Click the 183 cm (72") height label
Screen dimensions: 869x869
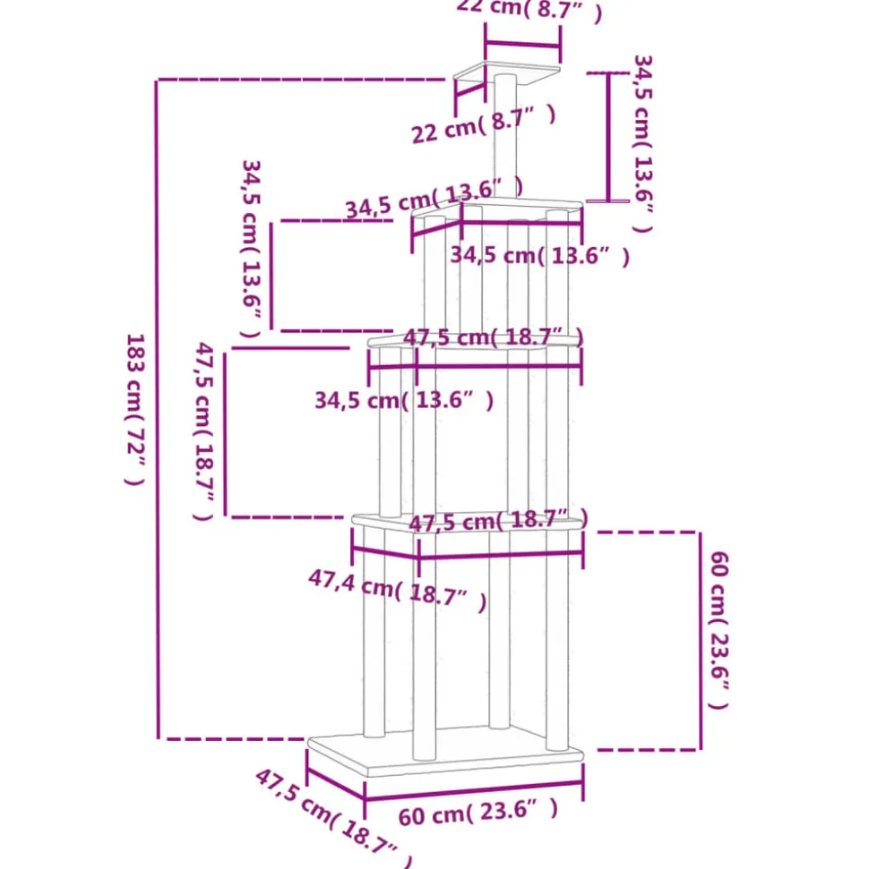[x=134, y=409]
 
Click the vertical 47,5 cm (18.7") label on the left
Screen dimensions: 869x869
[x=204, y=430]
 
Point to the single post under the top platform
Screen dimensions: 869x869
[x=504, y=134]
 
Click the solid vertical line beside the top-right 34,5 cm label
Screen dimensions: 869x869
[x=610, y=137]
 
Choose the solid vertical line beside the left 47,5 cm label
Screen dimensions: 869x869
[x=225, y=432]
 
